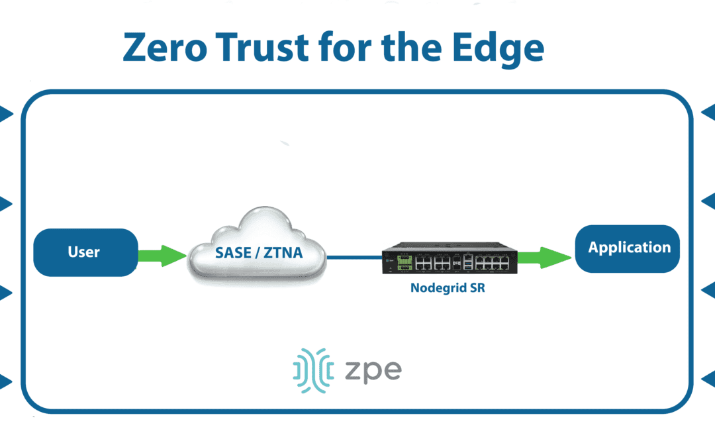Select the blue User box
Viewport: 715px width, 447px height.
pyautogui.click(x=85, y=252)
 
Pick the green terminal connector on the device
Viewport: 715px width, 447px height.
pyautogui.click(x=402, y=264)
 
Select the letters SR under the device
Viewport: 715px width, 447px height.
pyautogui.click(x=477, y=288)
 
